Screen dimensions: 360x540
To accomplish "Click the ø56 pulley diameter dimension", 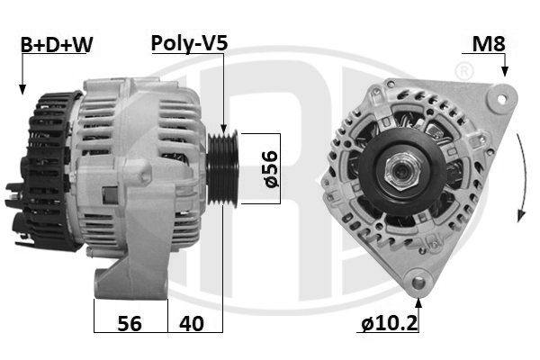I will point(268,167).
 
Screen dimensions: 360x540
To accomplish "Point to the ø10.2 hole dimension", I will point(390,324).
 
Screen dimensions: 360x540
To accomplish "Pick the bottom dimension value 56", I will point(130,324).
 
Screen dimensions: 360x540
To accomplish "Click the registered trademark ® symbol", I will point(464,70).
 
